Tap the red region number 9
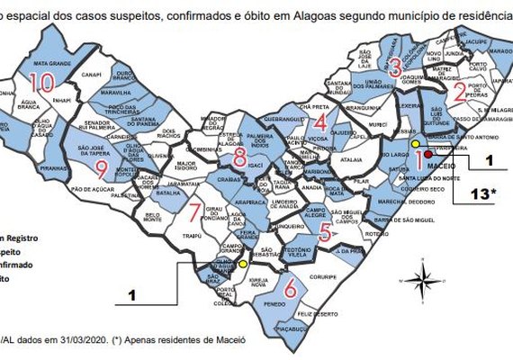point(101,168)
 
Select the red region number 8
point(238,158)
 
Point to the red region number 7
point(195,213)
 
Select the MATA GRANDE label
point(51,64)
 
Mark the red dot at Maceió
point(428,155)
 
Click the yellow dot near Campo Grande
point(243,264)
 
